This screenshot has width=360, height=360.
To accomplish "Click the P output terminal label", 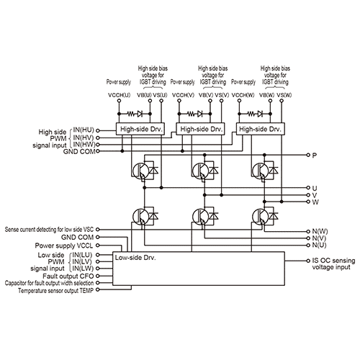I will coord(313,155).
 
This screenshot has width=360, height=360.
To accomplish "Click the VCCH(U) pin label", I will coord(119,96).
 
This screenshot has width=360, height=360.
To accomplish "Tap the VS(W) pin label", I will coord(283,96).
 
